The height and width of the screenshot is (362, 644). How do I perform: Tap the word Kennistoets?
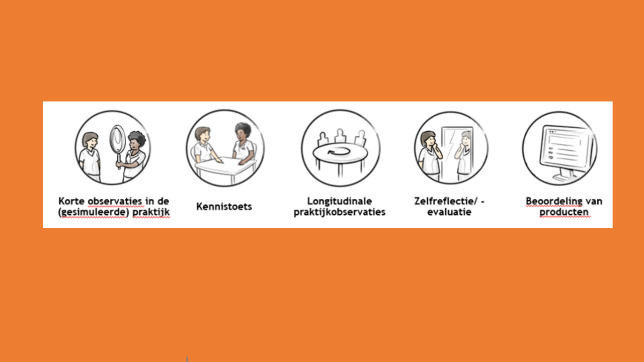tap(224, 207)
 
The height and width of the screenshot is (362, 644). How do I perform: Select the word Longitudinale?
tap(340, 202)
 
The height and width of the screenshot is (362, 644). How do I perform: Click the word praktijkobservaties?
tap(339, 212)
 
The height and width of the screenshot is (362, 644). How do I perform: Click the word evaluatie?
tap(449, 212)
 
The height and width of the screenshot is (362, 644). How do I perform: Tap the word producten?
tap(564, 212)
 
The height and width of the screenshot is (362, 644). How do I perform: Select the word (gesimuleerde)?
tap(94, 212)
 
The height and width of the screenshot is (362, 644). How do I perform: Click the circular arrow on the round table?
tap(339, 151)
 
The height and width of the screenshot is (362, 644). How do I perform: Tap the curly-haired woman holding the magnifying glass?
tap(134, 156)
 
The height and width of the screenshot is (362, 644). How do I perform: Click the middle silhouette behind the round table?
tap(340, 136)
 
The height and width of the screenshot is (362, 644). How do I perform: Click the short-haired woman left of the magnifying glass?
tap(90, 157)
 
